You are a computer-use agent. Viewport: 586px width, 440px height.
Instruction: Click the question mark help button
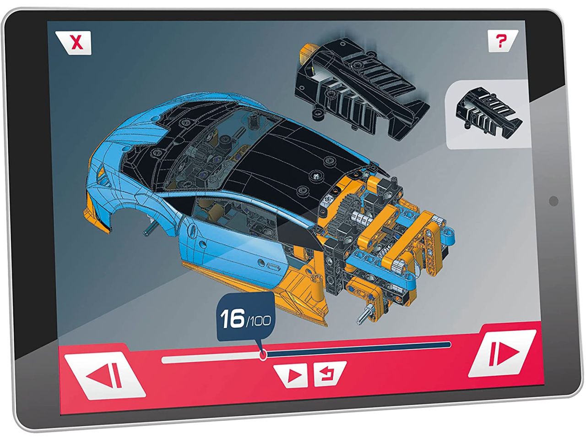click(x=502, y=41)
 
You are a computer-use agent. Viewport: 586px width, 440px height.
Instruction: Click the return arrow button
click(x=330, y=374)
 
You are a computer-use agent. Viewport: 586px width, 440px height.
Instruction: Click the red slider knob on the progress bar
click(x=263, y=355)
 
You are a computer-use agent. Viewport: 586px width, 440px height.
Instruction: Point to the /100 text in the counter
click(x=258, y=321)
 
